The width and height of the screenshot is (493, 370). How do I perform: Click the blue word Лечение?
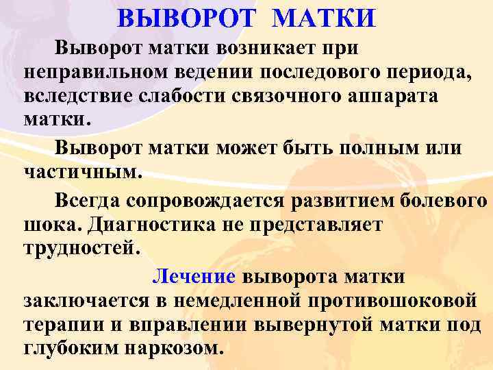point(194,277)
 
